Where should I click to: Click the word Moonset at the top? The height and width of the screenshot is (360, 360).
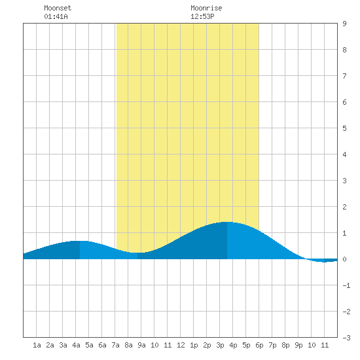(58, 8)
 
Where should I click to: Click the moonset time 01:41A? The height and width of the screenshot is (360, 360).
(56, 16)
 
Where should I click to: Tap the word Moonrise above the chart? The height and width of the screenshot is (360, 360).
(206, 8)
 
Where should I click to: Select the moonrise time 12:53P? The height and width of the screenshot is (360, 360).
(202, 16)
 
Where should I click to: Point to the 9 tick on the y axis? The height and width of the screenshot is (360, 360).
(344, 24)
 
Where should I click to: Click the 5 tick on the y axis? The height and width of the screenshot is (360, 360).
(344, 128)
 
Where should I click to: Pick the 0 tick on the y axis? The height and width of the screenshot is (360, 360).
(344, 259)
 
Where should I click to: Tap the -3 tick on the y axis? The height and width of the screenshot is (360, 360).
(346, 338)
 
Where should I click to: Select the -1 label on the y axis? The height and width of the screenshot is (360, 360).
(346, 285)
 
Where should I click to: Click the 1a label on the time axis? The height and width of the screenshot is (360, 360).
(37, 345)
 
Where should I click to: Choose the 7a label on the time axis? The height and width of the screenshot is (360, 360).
(115, 345)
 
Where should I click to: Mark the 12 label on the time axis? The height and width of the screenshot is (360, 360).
(181, 345)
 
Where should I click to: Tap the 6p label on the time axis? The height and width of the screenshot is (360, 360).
(259, 345)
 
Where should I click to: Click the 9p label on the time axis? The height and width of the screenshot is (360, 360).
(298, 345)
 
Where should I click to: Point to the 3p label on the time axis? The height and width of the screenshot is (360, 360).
(220, 345)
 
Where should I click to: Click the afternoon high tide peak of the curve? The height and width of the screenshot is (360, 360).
(227, 222)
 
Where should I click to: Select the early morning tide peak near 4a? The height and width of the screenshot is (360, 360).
(80, 241)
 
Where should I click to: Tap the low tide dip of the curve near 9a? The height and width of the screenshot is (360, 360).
(137, 253)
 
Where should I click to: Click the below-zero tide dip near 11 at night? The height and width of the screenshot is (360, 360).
(324, 262)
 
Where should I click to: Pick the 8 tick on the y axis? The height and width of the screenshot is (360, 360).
(344, 50)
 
